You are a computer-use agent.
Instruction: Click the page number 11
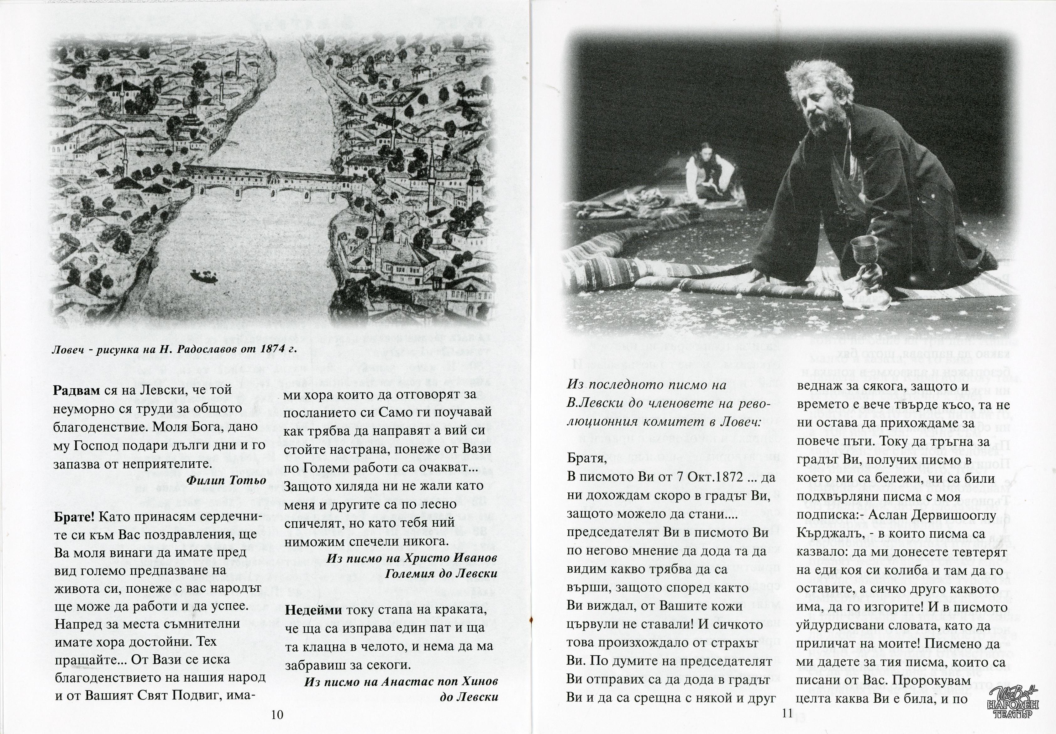[787, 713]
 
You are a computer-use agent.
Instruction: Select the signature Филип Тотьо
[226, 480]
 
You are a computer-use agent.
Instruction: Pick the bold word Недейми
[313, 610]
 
